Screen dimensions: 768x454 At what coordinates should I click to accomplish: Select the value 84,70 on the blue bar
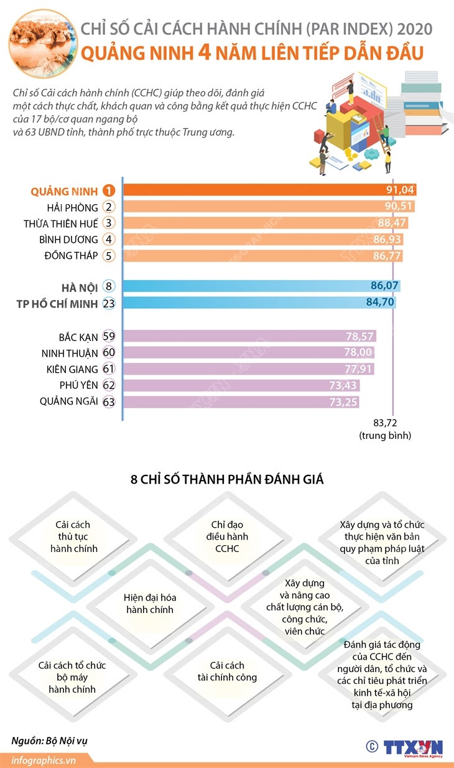(x=377, y=303)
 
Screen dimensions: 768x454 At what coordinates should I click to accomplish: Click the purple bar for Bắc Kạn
(x=249, y=337)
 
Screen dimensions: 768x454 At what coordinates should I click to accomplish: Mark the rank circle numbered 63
(x=109, y=401)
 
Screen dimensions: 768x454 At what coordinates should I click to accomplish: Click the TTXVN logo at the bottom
(x=412, y=746)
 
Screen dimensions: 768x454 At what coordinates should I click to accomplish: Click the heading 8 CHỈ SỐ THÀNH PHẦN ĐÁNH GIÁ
(x=227, y=480)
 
